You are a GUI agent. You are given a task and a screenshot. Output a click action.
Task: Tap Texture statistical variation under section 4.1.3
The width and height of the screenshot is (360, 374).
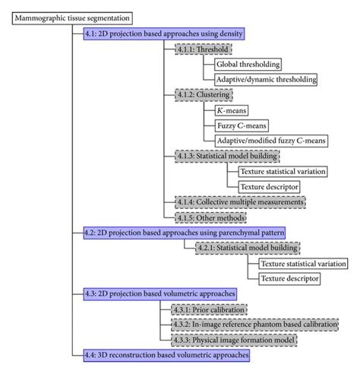pyautogui.click(x=282, y=171)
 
